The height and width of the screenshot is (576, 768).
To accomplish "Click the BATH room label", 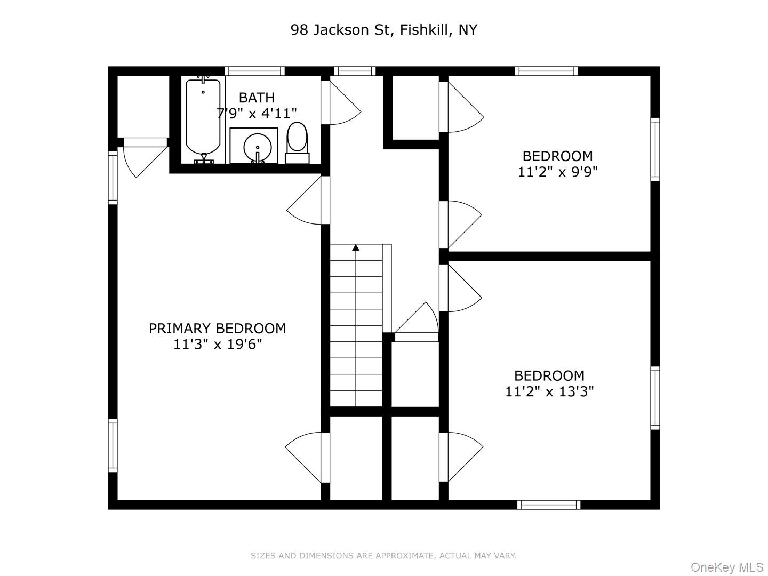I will coord(257,98).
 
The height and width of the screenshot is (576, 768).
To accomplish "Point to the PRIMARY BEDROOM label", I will coord(217,329).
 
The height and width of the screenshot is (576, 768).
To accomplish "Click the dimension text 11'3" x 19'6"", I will coord(217,345).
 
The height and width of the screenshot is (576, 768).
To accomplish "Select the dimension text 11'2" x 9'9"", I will coord(557,172).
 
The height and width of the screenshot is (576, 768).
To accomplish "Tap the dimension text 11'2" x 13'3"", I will coord(549,392).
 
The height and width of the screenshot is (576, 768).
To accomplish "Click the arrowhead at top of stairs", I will coord(356,247).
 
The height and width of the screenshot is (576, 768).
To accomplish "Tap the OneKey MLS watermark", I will coord(726,566).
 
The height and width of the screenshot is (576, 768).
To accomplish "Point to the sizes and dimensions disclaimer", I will coord(383,556).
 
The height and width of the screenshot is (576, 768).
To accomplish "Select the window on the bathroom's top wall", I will coord(254,71).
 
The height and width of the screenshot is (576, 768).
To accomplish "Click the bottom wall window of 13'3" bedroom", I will coord(548,505).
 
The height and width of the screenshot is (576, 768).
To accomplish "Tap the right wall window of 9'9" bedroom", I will coord(655,149).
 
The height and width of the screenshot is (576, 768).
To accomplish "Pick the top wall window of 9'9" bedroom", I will coord(546,71).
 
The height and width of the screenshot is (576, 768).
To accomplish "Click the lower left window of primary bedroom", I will coord(113,445).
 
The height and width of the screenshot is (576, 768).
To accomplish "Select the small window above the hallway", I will coord(355,71).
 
